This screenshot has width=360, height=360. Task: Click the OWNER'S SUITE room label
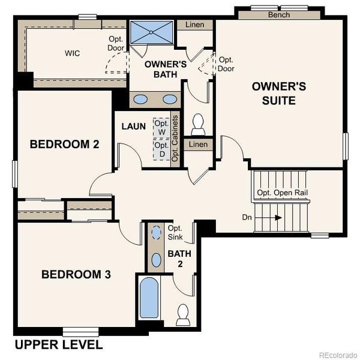click(x=279, y=93)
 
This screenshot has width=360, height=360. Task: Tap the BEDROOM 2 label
click(x=64, y=144)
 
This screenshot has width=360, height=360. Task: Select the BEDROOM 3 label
click(x=76, y=274)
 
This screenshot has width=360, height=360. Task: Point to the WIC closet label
click(x=73, y=53)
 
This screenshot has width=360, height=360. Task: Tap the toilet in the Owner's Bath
click(x=197, y=124)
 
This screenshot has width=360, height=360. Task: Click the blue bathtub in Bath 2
click(x=148, y=298)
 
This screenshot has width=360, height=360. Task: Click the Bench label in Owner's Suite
click(x=279, y=14)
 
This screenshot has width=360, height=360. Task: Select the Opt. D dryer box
click(x=161, y=149)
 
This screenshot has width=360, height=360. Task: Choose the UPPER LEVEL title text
click(x=58, y=345)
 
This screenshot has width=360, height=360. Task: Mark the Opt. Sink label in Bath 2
click(x=175, y=233)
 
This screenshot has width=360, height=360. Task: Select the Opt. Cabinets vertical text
click(x=175, y=139)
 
